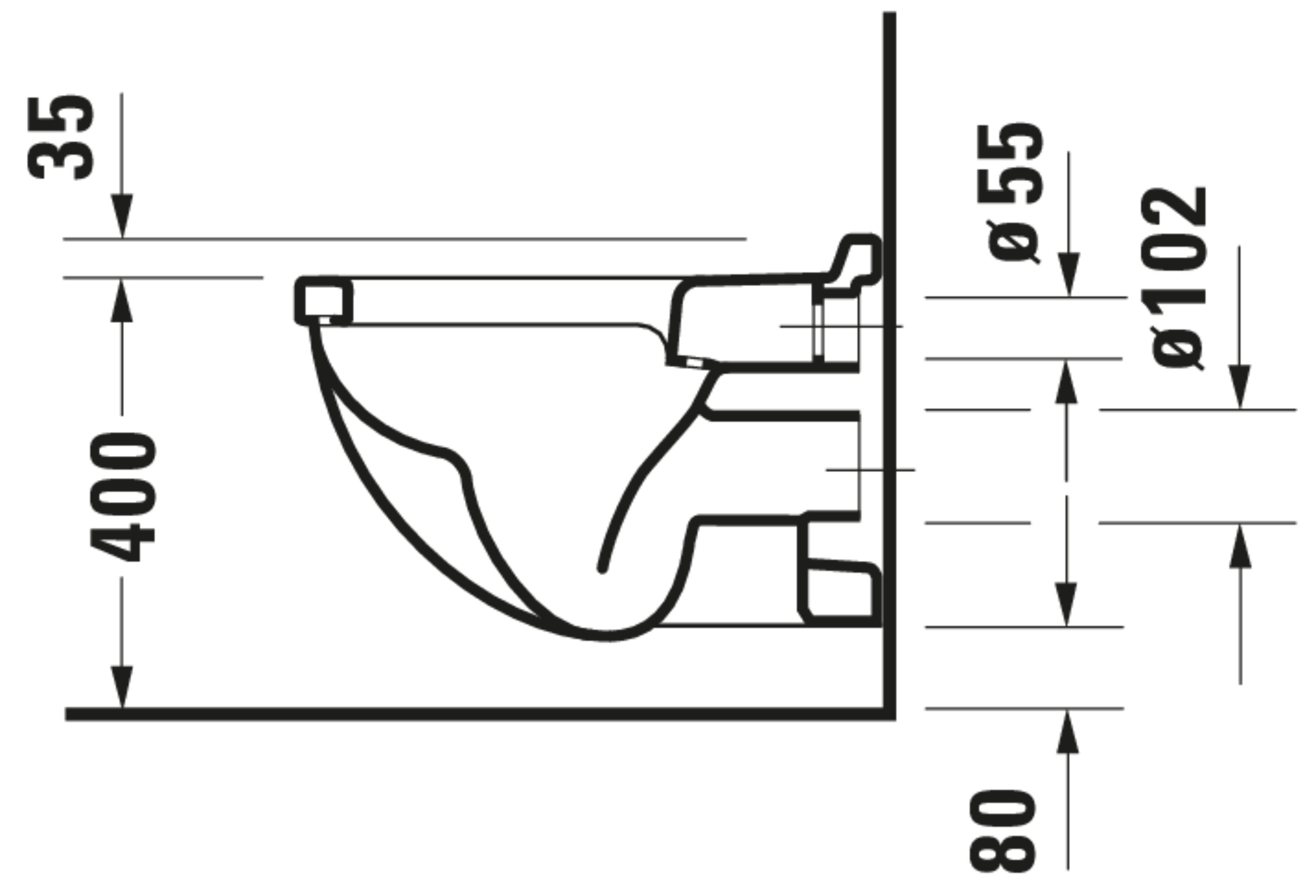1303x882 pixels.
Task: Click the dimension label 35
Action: (x=60, y=138)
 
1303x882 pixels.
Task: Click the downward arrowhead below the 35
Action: (x=122, y=216)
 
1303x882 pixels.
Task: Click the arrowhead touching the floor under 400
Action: (x=122, y=687)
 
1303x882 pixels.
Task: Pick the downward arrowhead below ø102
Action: (x=1240, y=387)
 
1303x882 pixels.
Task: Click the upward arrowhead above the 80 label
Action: (x=1068, y=732)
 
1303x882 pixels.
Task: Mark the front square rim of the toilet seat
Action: (x=324, y=301)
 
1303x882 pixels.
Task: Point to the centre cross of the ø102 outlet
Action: (x=858, y=470)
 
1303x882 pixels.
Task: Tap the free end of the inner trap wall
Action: (x=602, y=570)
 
